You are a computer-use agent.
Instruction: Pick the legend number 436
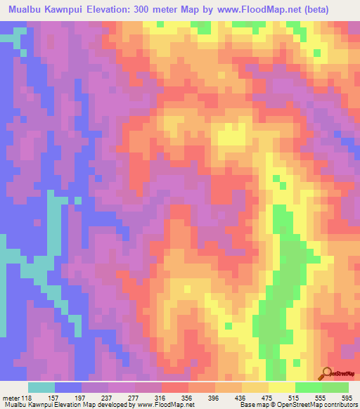[x=242, y=397]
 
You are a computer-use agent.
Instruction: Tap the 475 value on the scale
[x=269, y=397]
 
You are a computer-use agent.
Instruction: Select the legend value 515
[x=295, y=397]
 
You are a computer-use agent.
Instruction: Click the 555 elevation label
[x=322, y=397]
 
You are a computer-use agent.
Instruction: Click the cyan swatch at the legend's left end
[x=41, y=387]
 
